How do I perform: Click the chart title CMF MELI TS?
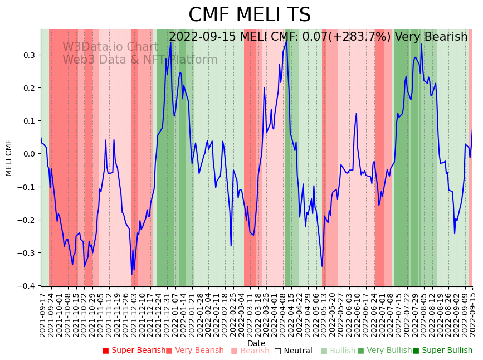tap(249, 15)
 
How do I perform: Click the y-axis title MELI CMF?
tap(9, 158)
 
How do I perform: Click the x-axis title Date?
tap(256, 343)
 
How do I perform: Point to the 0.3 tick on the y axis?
tap(28, 55)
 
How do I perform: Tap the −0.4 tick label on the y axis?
tap(26, 286)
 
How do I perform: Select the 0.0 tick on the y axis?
tap(28, 154)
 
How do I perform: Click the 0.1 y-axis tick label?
tap(28, 121)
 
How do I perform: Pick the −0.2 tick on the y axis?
tap(26, 220)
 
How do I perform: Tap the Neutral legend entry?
tap(294, 351)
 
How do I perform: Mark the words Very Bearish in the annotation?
tap(431, 37)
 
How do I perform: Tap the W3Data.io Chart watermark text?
tap(110, 47)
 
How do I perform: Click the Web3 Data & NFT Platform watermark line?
tap(140, 60)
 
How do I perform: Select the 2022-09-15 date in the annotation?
tap(204, 37)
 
